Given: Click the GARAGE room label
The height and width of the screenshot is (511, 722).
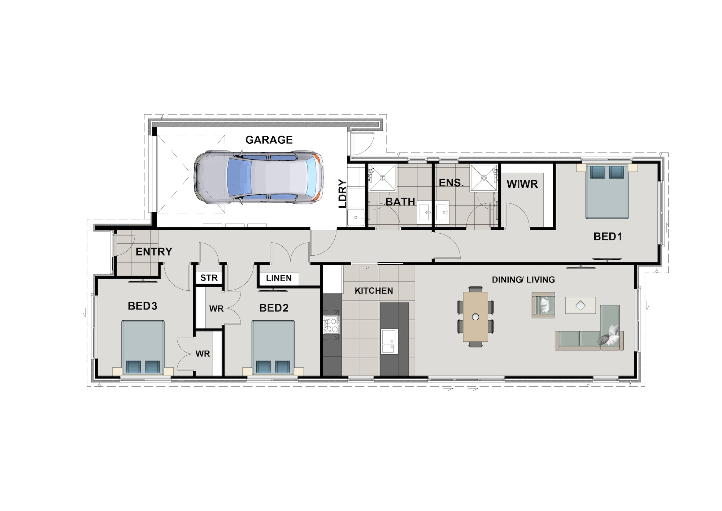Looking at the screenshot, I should coord(269,140).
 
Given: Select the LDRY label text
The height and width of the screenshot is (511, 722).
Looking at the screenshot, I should coord(343,194).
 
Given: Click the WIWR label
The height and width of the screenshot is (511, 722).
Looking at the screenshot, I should coord(522,184).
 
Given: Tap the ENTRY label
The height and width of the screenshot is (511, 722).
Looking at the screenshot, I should coord(154,252).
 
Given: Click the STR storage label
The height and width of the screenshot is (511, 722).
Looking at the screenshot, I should coord(209,278).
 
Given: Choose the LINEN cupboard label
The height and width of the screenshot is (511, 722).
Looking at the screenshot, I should coord(279,278).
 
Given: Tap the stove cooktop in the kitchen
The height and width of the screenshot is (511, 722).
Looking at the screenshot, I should coord(331,324).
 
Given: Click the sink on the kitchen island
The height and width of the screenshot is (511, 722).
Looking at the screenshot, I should coord(389,341).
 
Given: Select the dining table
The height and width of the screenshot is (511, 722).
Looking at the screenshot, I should coord(476,316).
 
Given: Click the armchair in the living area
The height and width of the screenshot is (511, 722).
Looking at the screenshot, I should coord(543,305).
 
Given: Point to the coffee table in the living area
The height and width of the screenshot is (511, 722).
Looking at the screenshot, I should coord(580,306).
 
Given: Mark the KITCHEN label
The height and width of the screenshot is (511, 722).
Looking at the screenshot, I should coord(374,291).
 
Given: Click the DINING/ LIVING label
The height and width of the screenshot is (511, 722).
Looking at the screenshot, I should coord(523,280).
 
